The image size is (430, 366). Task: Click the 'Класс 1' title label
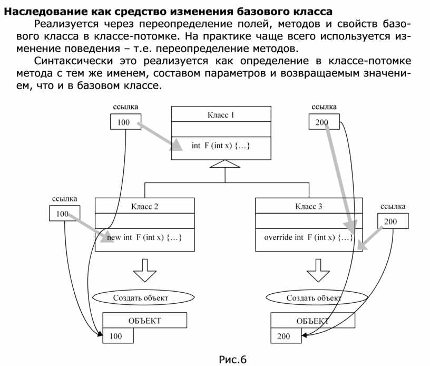pyautogui.click(x=221, y=114)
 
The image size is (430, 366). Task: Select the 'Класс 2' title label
pyautogui.click(x=144, y=206)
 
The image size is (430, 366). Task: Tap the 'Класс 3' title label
pyautogui.click(x=308, y=206)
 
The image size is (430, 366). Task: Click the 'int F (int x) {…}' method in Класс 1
pyautogui.click(x=221, y=146)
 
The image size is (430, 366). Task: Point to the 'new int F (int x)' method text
pyautogui.click(x=144, y=237)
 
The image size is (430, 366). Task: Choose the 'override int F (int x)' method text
pyautogui.click(x=308, y=237)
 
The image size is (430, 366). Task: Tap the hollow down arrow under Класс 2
pyautogui.click(x=145, y=269)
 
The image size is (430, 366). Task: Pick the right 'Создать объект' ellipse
pyautogui.click(x=314, y=298)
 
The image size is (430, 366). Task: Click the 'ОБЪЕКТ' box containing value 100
pyautogui.click(x=144, y=320)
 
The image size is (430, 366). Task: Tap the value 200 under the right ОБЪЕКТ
pyautogui.click(x=284, y=336)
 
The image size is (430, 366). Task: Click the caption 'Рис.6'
pyautogui.click(x=232, y=360)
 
